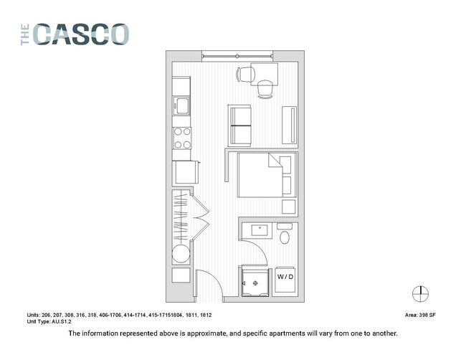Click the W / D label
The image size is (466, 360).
(285, 277)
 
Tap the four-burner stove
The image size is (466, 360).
(181, 138)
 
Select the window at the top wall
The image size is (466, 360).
(237, 56)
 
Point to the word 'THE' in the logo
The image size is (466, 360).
(26, 34)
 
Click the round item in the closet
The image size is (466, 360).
(181, 255)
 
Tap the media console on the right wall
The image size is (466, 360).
(290, 125)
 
